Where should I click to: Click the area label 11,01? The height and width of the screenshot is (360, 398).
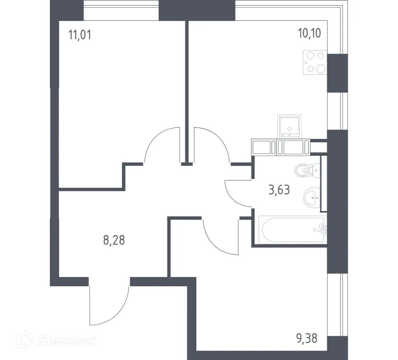[x=80, y=35]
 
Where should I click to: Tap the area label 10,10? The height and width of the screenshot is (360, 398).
[x=309, y=34]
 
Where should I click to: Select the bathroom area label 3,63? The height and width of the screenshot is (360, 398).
[x=279, y=190]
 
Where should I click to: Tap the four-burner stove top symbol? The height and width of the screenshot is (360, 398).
[x=315, y=62]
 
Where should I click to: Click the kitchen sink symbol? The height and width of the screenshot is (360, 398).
[x=289, y=127]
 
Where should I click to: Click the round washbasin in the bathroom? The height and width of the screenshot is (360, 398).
[x=312, y=198]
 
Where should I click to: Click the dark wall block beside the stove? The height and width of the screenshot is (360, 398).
[x=337, y=73]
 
